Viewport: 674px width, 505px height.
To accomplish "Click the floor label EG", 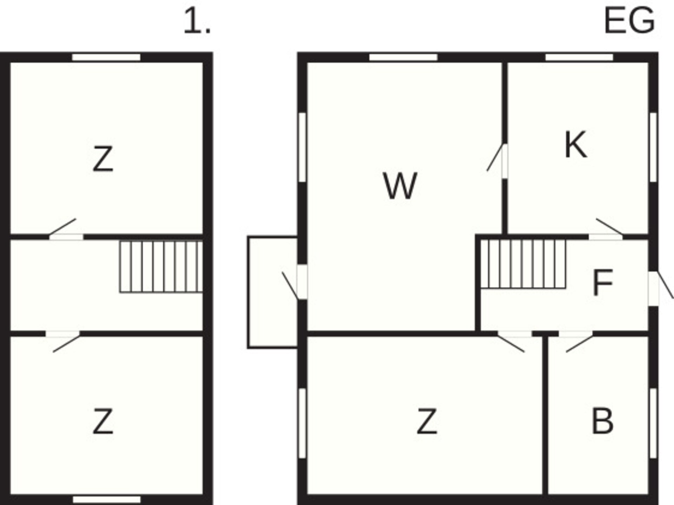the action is click(x=629, y=21).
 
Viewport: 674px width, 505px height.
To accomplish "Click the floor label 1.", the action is click(x=197, y=21).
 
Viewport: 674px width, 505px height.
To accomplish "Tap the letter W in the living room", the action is click(x=400, y=186).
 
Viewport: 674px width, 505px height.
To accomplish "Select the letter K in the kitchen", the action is click(x=576, y=144).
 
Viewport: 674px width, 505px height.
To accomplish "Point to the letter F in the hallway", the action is click(x=602, y=282).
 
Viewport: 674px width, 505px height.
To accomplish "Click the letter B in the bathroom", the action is click(x=602, y=421).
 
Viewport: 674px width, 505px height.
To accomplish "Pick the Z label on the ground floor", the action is click(x=427, y=421).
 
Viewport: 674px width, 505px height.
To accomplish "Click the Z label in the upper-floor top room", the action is click(x=103, y=159).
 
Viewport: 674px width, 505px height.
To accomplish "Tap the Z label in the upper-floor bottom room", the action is click(x=103, y=421).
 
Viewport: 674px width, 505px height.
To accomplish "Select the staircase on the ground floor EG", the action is click(x=523, y=264).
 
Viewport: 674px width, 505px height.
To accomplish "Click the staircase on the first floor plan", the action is click(x=161, y=267).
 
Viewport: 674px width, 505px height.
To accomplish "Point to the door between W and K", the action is click(x=497, y=161).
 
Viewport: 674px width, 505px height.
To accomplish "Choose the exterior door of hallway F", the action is click(x=660, y=288).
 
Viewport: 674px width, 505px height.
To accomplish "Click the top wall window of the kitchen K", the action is click(x=579, y=57).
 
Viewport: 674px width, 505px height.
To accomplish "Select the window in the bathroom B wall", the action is click(x=653, y=423).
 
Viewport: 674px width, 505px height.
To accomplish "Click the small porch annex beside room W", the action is click(x=272, y=292).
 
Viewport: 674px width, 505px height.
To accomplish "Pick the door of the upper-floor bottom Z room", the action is click(x=63, y=341).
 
